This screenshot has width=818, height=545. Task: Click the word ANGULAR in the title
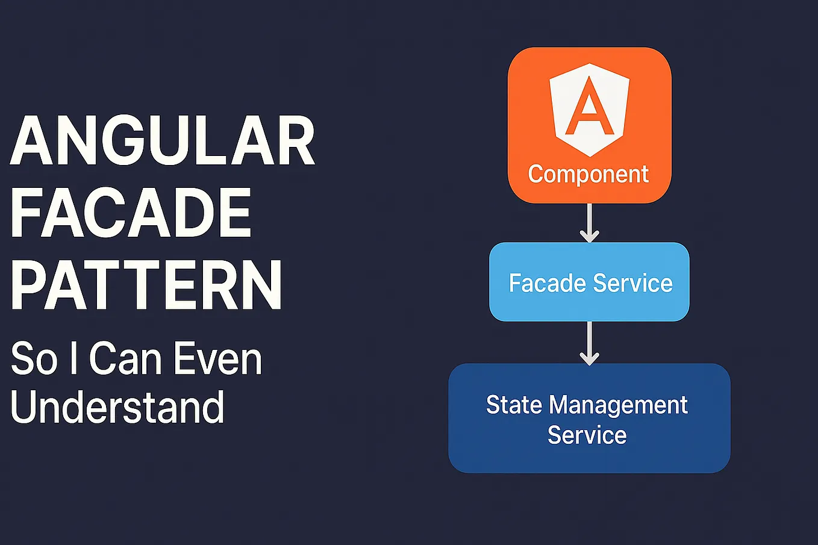pos(163,142)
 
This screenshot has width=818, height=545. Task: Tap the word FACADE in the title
pos(131,213)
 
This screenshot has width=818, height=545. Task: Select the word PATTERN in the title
pos(146,285)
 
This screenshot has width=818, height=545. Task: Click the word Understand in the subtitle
pos(117,407)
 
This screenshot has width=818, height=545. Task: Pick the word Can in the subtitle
pos(126,359)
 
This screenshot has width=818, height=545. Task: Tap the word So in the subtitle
pos(34,359)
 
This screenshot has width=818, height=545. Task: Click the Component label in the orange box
pos(588,175)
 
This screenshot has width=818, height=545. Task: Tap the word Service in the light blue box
pos(632,283)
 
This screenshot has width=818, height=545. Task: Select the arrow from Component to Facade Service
pos(589,223)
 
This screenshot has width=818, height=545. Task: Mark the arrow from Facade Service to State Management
pos(589,343)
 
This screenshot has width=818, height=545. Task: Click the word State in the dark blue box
pos(514,405)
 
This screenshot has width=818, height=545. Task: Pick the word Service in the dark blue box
pos(587,435)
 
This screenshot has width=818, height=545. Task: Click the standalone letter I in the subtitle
pos(73,359)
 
